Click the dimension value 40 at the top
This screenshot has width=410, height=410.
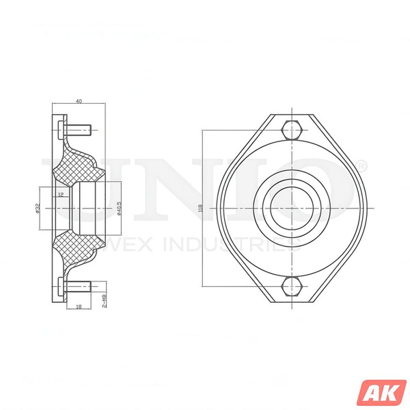point(79,101)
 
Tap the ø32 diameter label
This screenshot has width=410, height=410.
point(38,208)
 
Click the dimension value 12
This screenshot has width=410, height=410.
point(61,195)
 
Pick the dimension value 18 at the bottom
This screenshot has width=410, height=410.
point(79,307)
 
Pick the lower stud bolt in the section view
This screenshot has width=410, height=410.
point(77,286)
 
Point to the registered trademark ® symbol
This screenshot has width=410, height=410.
point(362,166)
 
